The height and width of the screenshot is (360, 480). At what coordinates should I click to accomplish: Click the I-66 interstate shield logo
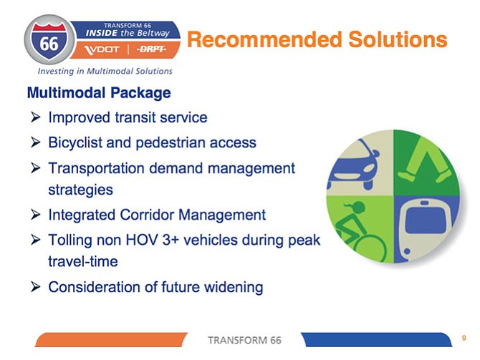tap(49, 40)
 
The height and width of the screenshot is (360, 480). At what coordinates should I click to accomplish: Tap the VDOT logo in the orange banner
tap(102, 49)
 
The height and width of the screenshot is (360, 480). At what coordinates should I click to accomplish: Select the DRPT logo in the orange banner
tap(151, 49)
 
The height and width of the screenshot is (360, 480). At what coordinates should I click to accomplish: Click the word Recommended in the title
tap(264, 39)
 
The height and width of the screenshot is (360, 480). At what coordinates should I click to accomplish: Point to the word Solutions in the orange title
tap(398, 39)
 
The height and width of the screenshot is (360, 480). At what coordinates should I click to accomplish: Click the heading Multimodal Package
tap(99, 92)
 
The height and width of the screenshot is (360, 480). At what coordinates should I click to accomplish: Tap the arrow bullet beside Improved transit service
tap(36, 117)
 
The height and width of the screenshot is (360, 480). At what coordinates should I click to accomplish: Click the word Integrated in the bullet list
tap(82, 215)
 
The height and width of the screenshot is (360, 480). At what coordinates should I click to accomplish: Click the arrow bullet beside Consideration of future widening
tap(36, 286)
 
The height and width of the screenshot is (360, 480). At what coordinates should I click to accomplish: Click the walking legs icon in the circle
tap(426, 160)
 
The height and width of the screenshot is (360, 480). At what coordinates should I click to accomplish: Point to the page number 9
tap(464, 338)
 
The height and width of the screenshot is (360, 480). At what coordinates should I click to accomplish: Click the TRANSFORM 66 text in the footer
tap(244, 340)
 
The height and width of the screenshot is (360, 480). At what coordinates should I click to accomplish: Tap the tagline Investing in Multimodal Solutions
tap(105, 72)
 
